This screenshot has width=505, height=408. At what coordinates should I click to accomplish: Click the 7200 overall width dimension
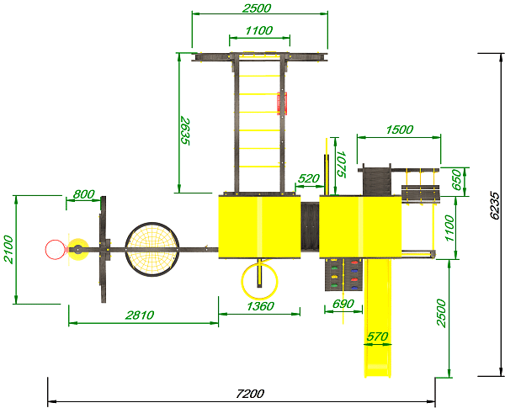pos(250,394)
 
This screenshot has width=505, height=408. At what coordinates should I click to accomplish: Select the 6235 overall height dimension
pos(495,206)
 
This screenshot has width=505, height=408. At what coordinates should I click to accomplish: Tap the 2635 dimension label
pos(185,130)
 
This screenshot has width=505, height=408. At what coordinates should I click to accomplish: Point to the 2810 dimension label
pos(140,315)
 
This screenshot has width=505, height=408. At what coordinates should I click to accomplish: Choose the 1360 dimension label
pos(260,306)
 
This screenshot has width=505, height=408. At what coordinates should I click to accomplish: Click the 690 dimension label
pos(343,304)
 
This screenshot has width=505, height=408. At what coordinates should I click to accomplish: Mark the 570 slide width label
pos(377,336)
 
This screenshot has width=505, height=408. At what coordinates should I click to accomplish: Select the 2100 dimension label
pos(8,250)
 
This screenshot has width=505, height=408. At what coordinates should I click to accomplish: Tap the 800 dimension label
pos(83,194)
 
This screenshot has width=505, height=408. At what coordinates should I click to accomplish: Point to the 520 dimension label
pos(309,178)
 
